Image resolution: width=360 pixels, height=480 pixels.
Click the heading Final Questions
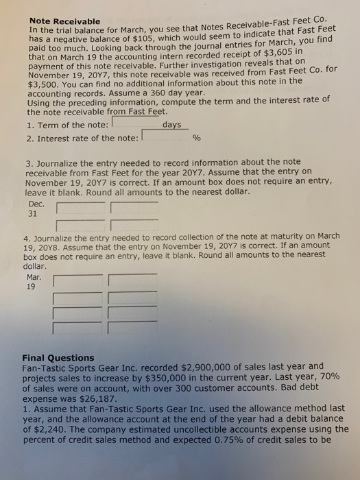coord(58,358)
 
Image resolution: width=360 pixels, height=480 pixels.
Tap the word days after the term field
coord(173,125)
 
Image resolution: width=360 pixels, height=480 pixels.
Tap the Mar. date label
coord(33,278)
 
